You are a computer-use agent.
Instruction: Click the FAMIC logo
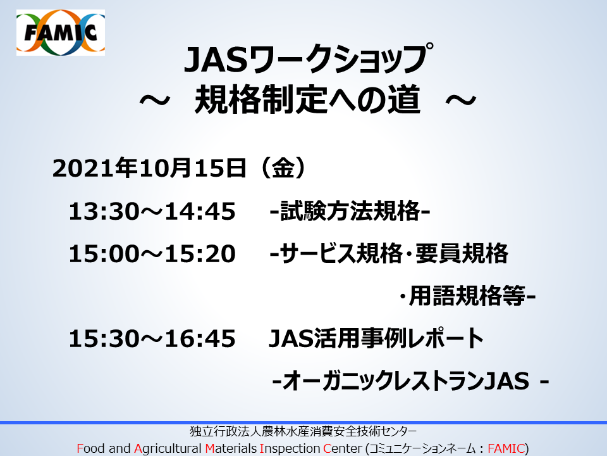[61, 32]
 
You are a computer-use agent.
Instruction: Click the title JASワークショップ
[309, 59]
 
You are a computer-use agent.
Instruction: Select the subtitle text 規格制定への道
[307, 99]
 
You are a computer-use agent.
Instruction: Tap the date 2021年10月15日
[149, 168]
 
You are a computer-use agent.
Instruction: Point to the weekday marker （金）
[283, 168]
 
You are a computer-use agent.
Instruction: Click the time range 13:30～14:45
[152, 212]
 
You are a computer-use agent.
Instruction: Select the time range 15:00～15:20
[152, 254]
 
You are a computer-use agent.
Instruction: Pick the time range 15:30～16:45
[152, 338]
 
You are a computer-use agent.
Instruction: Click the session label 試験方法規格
[350, 212]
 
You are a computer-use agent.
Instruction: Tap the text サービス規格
[341, 253]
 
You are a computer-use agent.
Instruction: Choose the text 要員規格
[462, 253]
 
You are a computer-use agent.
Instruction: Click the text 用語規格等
[467, 296]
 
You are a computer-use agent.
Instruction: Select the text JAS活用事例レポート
[376, 338]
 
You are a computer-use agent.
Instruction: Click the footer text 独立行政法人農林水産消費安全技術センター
[303, 431]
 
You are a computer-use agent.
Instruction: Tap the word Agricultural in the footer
[168, 448]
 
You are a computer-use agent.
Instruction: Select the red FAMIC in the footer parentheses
[506, 448]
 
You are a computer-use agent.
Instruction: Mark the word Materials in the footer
[231, 448]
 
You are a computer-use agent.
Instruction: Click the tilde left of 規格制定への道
[154, 101]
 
